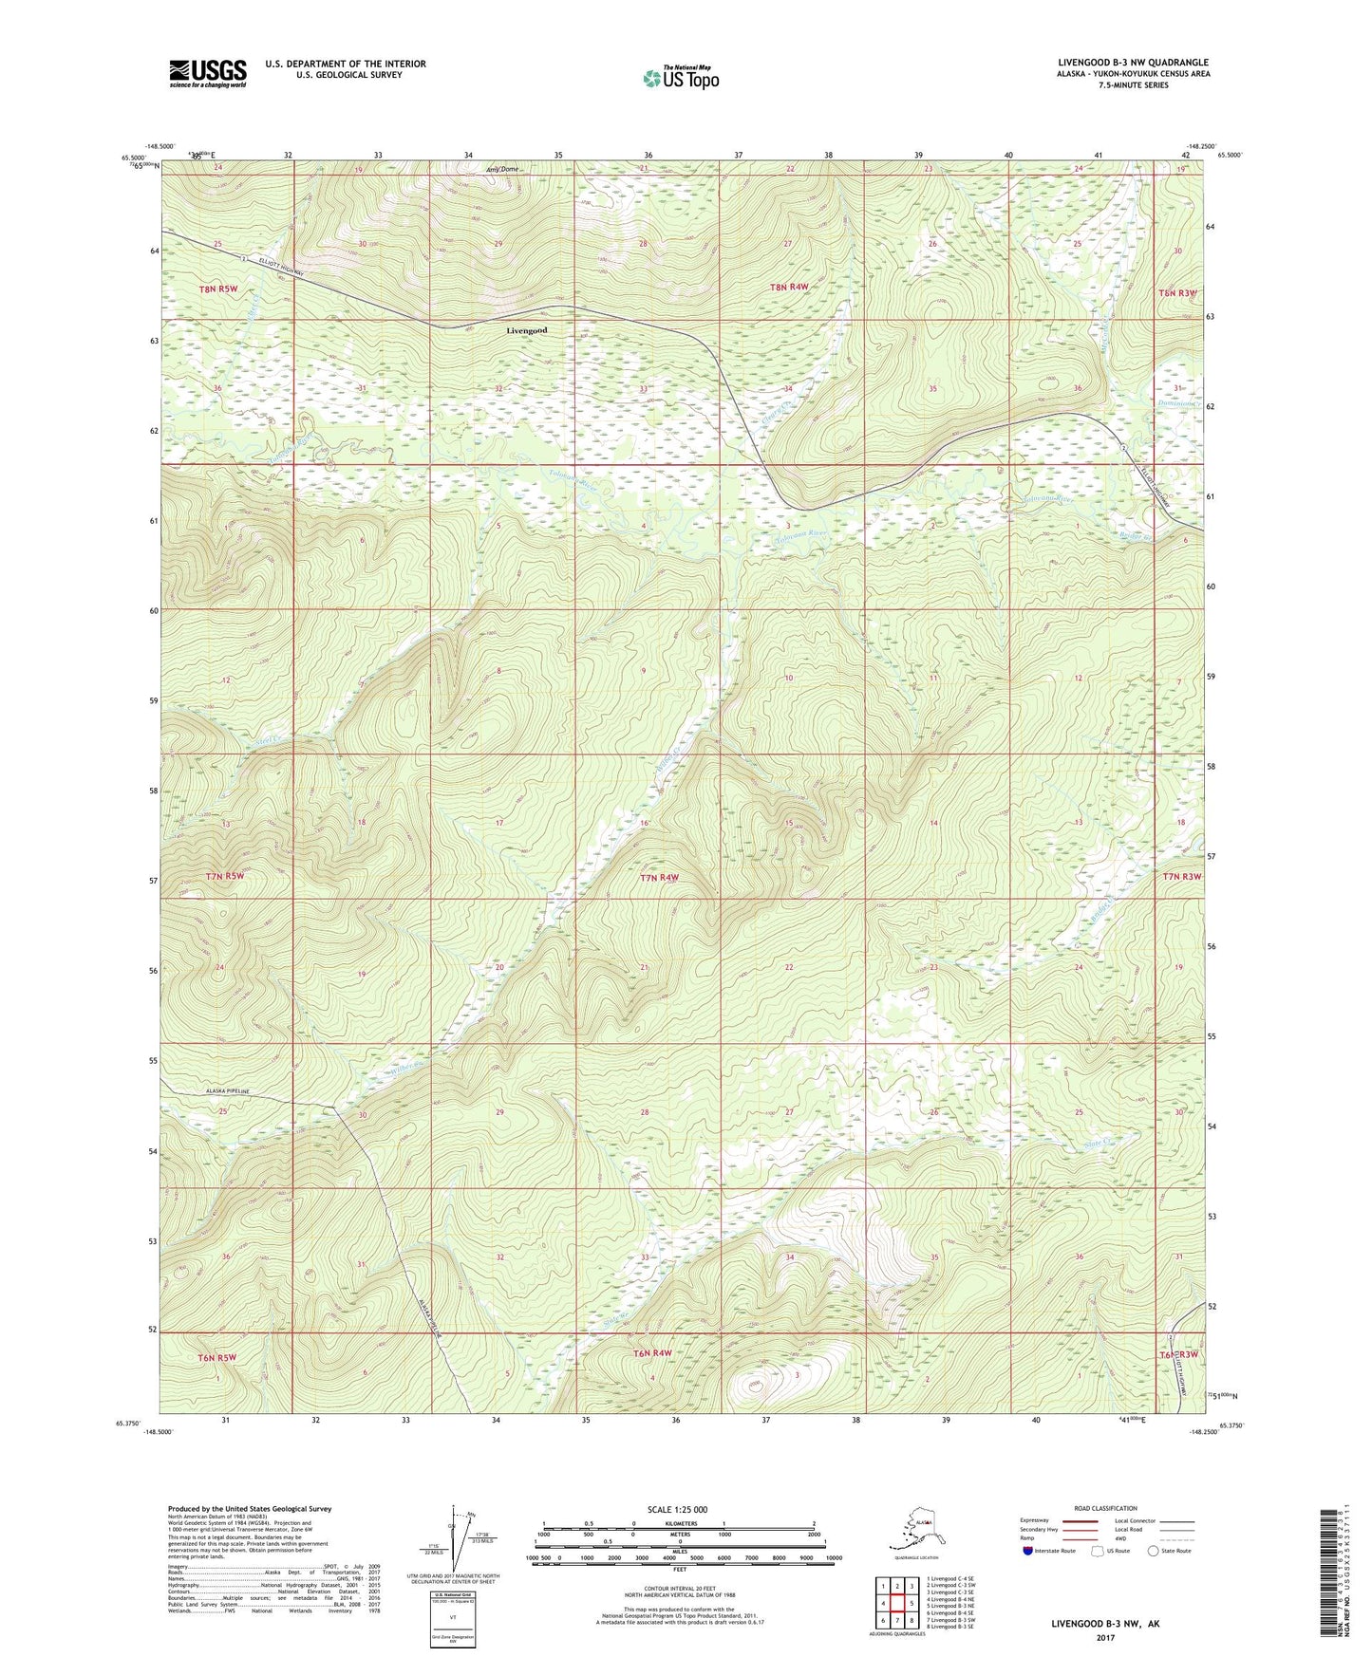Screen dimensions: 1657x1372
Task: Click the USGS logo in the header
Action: tap(207, 73)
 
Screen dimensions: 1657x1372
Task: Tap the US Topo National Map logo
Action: tap(680, 77)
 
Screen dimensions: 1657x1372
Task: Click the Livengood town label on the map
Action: tap(526, 330)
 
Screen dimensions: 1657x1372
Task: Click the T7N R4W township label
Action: tap(659, 878)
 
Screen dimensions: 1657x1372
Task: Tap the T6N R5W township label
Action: tap(217, 1357)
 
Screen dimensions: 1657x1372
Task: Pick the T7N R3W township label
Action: tap(1181, 876)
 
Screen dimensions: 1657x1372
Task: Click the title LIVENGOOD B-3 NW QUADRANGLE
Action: tap(1133, 63)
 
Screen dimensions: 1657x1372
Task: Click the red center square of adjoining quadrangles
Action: tap(896, 1604)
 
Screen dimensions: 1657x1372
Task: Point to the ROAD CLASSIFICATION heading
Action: tap(1105, 1508)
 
